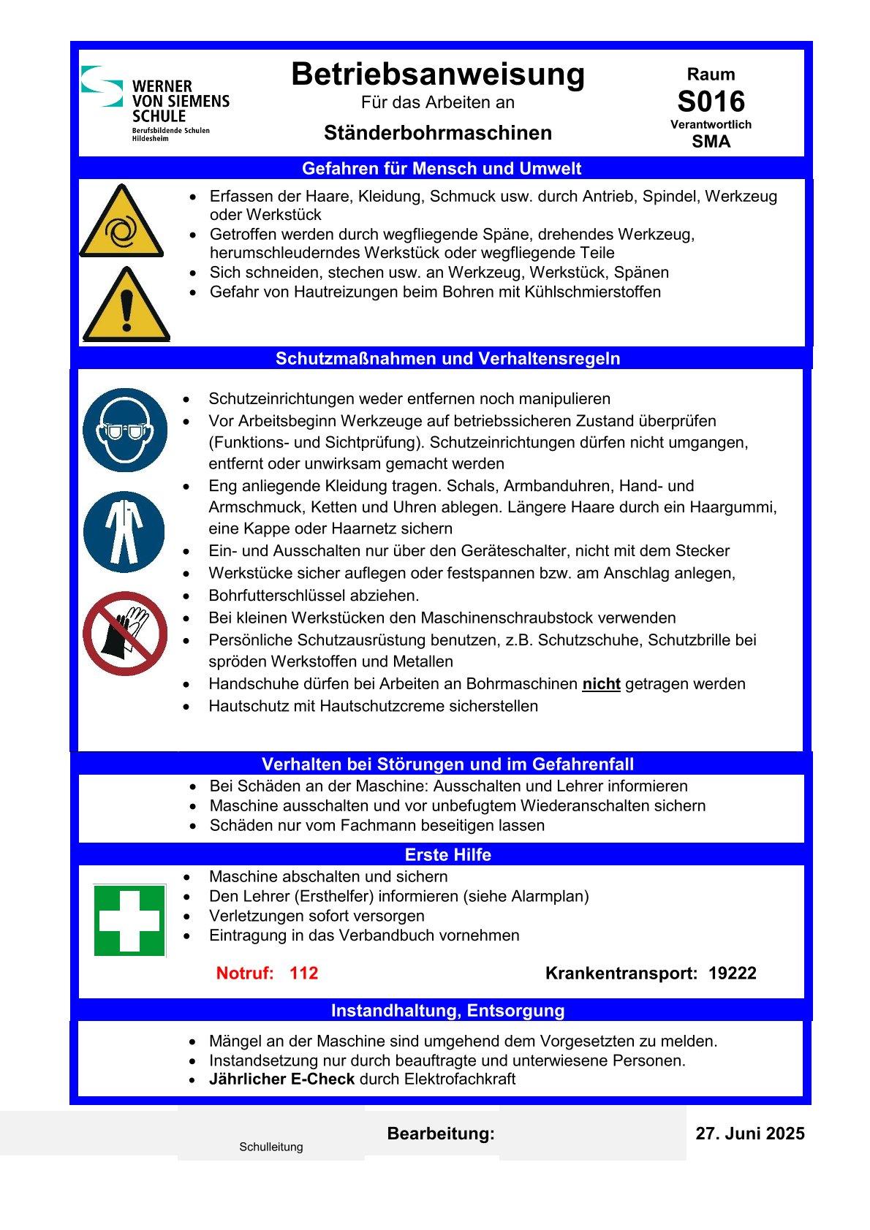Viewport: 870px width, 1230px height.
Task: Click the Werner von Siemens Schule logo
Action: (x=154, y=103)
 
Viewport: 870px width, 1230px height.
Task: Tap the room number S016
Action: (x=711, y=101)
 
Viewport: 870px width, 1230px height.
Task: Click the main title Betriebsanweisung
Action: (x=438, y=75)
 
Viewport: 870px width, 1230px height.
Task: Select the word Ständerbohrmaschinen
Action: (x=437, y=133)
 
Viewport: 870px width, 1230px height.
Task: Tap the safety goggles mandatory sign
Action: (x=125, y=430)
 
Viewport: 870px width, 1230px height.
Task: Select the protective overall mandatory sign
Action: (x=124, y=531)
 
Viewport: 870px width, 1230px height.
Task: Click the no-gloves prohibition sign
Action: (x=125, y=634)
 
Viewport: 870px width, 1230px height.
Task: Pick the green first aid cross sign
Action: (x=130, y=920)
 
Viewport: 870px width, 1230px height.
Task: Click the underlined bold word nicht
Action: (x=601, y=684)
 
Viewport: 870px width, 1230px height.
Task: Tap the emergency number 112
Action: (x=303, y=973)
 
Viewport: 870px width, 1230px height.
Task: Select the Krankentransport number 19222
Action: (x=732, y=973)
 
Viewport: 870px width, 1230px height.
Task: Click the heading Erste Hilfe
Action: (x=447, y=855)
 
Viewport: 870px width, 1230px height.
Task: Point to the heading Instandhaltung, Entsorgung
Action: (x=447, y=1011)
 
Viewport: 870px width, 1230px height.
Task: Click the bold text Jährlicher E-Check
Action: (x=281, y=1079)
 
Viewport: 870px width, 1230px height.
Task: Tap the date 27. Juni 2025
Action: (x=749, y=1134)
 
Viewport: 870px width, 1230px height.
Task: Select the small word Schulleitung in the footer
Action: (x=271, y=1147)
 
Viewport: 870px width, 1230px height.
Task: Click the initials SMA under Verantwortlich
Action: (x=711, y=142)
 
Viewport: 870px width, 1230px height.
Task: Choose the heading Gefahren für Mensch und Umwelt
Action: (x=442, y=169)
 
